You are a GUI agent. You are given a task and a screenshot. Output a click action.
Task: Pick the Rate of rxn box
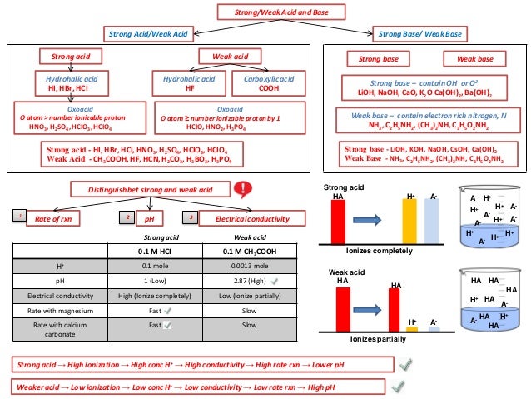coord(62,218)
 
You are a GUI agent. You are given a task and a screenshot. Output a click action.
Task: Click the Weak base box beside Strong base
coord(474,59)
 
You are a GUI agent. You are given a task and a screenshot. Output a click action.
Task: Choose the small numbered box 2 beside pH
coord(128,218)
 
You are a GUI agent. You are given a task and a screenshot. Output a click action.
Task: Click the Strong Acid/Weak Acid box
coord(145,33)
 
